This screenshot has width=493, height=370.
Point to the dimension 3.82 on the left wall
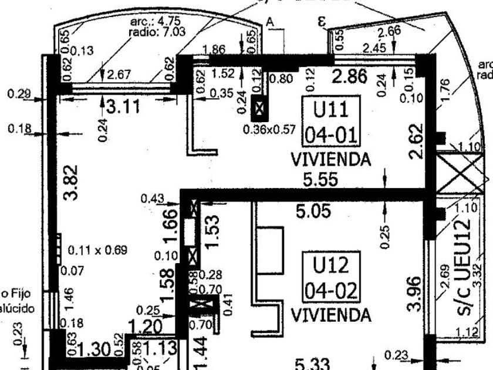point(71,183)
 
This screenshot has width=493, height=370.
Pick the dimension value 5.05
point(314,211)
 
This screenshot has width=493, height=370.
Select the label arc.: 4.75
point(150,22)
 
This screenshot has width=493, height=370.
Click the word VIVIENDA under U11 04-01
point(331,159)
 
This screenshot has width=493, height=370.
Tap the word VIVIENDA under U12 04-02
point(331,315)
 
